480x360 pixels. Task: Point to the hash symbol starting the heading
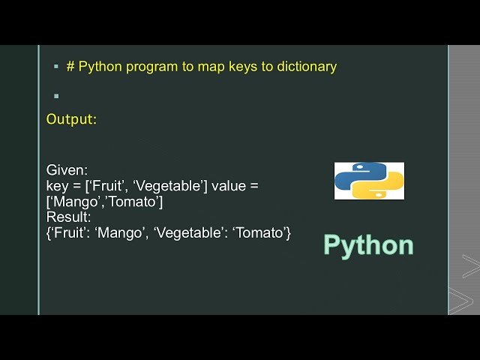click(70, 67)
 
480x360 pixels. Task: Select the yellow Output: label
click(71, 118)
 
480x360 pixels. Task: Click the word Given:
click(67, 170)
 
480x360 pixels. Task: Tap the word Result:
click(68, 217)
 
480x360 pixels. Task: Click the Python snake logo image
click(369, 181)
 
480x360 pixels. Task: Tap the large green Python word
click(368, 245)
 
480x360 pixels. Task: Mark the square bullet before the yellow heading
click(55, 67)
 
